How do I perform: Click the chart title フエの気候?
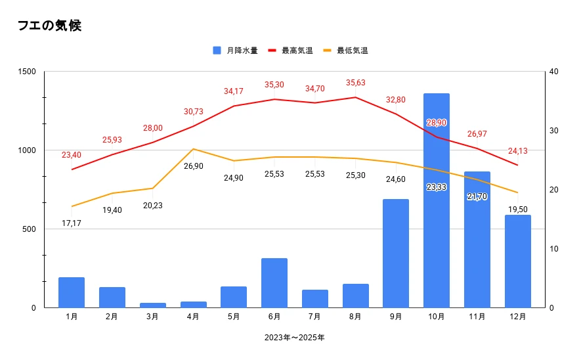pyautogui.click(x=49, y=26)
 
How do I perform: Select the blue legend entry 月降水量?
pyautogui.click(x=235, y=51)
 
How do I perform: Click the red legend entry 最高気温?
pyautogui.click(x=290, y=51)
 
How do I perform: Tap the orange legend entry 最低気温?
pyautogui.click(x=345, y=51)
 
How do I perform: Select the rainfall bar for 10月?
pyautogui.click(x=437, y=200)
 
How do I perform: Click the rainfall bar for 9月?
pyautogui.click(x=396, y=254)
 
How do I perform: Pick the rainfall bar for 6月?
pyautogui.click(x=274, y=283)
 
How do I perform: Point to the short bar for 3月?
pyautogui.click(x=153, y=305)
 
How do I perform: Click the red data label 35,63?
pyautogui.click(x=356, y=83)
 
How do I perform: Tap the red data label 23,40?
pyautogui.click(x=71, y=155)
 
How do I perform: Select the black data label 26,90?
pyautogui.click(x=194, y=166)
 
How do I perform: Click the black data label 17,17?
pyautogui.click(x=71, y=223)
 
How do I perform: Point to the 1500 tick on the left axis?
pyautogui.click(x=27, y=72)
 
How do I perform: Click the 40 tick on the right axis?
pyautogui.click(x=553, y=72)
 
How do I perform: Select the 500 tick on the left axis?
pyautogui.click(x=29, y=229)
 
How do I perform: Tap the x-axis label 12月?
pyautogui.click(x=517, y=317)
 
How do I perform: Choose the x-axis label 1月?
pyautogui.click(x=72, y=317)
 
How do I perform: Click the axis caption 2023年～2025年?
pyautogui.click(x=295, y=338)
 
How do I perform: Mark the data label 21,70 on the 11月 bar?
pyautogui.click(x=477, y=196)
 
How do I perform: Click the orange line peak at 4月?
pyautogui.click(x=194, y=149)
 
